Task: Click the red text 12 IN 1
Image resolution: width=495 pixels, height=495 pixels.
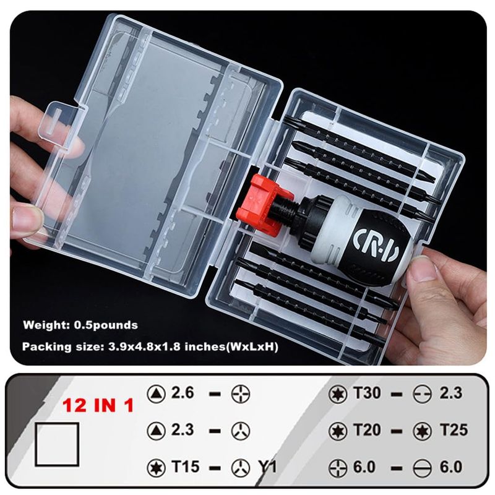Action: (x=98, y=405)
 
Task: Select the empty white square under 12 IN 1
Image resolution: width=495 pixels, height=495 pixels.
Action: (x=57, y=444)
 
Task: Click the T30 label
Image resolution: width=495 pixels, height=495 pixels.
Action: (x=367, y=393)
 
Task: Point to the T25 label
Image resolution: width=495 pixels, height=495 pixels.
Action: (x=454, y=429)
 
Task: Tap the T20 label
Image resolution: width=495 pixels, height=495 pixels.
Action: (x=367, y=429)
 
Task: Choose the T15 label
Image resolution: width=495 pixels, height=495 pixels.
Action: (x=185, y=467)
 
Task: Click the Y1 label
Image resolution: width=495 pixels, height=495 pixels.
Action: (x=268, y=467)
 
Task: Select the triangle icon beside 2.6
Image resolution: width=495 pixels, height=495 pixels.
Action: (x=157, y=394)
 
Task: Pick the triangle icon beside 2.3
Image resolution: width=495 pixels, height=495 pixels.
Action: (x=157, y=431)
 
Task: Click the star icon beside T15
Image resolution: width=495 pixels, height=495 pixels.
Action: (x=157, y=468)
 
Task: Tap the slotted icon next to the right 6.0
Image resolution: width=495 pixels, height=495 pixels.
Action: (x=422, y=468)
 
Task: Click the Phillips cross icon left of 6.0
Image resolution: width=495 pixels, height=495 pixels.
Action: (x=337, y=468)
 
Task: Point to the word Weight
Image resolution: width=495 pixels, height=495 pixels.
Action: (x=46, y=325)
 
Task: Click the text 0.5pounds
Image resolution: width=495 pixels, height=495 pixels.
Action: (x=106, y=325)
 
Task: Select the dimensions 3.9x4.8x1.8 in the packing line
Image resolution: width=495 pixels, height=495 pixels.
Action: (x=145, y=346)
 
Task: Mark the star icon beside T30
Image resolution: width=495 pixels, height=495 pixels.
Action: (x=337, y=394)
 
